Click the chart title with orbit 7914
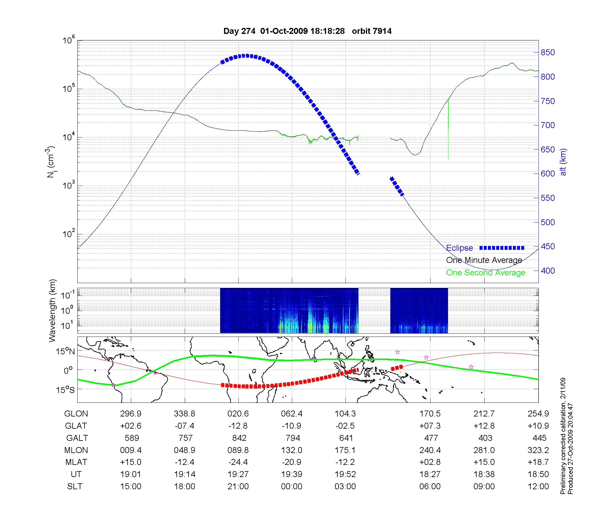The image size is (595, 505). click(307, 31)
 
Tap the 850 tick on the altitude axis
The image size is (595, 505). click(547, 53)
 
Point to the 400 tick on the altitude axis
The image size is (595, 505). click(547, 271)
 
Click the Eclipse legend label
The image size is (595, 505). click(459, 248)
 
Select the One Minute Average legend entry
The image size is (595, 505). click(484, 260)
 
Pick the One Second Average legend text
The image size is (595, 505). click(486, 273)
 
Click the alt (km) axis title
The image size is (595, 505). click(563, 162)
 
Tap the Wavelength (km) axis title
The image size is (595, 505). click(52, 310)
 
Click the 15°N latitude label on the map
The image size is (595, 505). click(66, 351)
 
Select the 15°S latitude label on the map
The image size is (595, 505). click(66, 389)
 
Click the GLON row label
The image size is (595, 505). click(76, 414)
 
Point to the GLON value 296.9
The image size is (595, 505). click(131, 414)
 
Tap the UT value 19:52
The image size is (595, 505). click(345, 474)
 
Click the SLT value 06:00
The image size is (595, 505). click(430, 487)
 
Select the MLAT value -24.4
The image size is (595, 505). click(238, 462)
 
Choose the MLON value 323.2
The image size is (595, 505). click(538, 450)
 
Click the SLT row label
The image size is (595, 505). click(75, 487)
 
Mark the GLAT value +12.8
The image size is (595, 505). click(484, 426)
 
